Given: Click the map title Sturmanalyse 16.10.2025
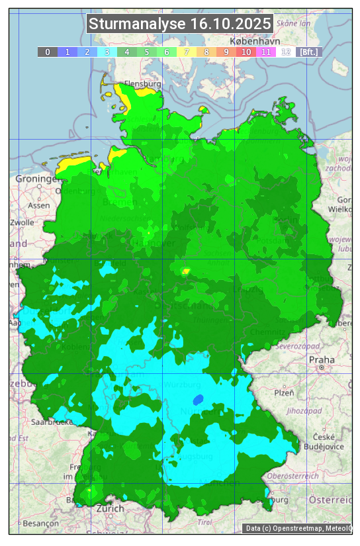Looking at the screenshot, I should pos(180,24).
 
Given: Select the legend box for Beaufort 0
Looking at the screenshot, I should pos(48,52).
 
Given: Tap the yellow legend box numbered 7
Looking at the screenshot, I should pos(187,52).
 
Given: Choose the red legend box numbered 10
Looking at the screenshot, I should pos(246,52).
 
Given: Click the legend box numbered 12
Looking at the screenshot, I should pos(286,52).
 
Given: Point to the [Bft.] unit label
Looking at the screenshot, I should pos(308,52).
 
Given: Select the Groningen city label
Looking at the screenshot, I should pos(37,179).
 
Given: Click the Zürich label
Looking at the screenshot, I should pos(110,509).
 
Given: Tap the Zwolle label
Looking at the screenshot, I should pos(22,222).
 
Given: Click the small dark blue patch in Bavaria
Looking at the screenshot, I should pos(198,400).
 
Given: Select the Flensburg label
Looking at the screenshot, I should pos(143,85).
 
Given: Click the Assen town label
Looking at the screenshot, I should pos(39,205).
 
